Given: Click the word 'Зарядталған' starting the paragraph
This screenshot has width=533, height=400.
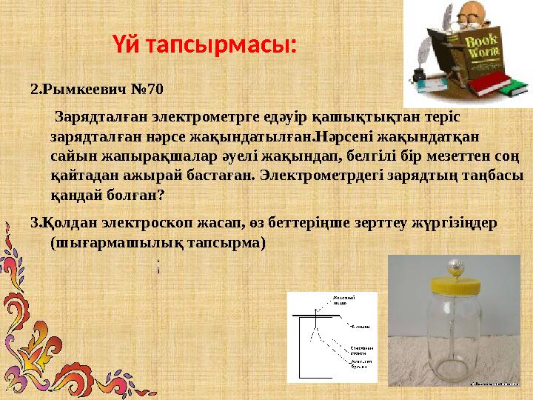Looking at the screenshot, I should (x=100, y=117).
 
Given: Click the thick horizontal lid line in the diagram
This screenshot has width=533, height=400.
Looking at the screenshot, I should (x=319, y=316).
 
